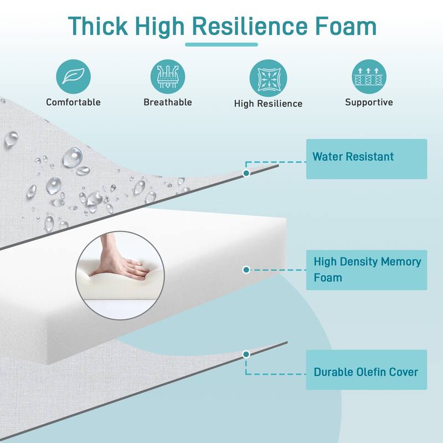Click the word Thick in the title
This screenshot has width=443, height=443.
tap(98, 26)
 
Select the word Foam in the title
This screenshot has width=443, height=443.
tap(346, 26)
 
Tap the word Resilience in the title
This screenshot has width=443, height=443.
tap(250, 26)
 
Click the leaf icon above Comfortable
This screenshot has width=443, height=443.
tap(73, 76)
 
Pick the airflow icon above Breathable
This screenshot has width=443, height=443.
tap(168, 76)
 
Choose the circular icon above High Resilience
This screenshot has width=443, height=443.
tap(268, 78)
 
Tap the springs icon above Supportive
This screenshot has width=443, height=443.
tap(369, 76)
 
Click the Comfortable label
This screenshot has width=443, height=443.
tap(73, 102)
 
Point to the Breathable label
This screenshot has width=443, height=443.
tap(168, 102)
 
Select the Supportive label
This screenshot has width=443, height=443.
tap(369, 102)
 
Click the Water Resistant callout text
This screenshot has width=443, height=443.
tap(353, 157)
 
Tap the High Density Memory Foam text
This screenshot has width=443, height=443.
tap(367, 270)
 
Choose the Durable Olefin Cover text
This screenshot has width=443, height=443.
tap(366, 372)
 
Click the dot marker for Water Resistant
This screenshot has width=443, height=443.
tap(246, 173)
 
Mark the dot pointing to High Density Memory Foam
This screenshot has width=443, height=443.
tap(246, 270)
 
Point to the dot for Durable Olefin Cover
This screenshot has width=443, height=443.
tap(246, 354)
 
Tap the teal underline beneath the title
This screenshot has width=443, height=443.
tap(221, 44)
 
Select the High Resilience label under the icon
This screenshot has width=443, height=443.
tap(268, 104)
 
